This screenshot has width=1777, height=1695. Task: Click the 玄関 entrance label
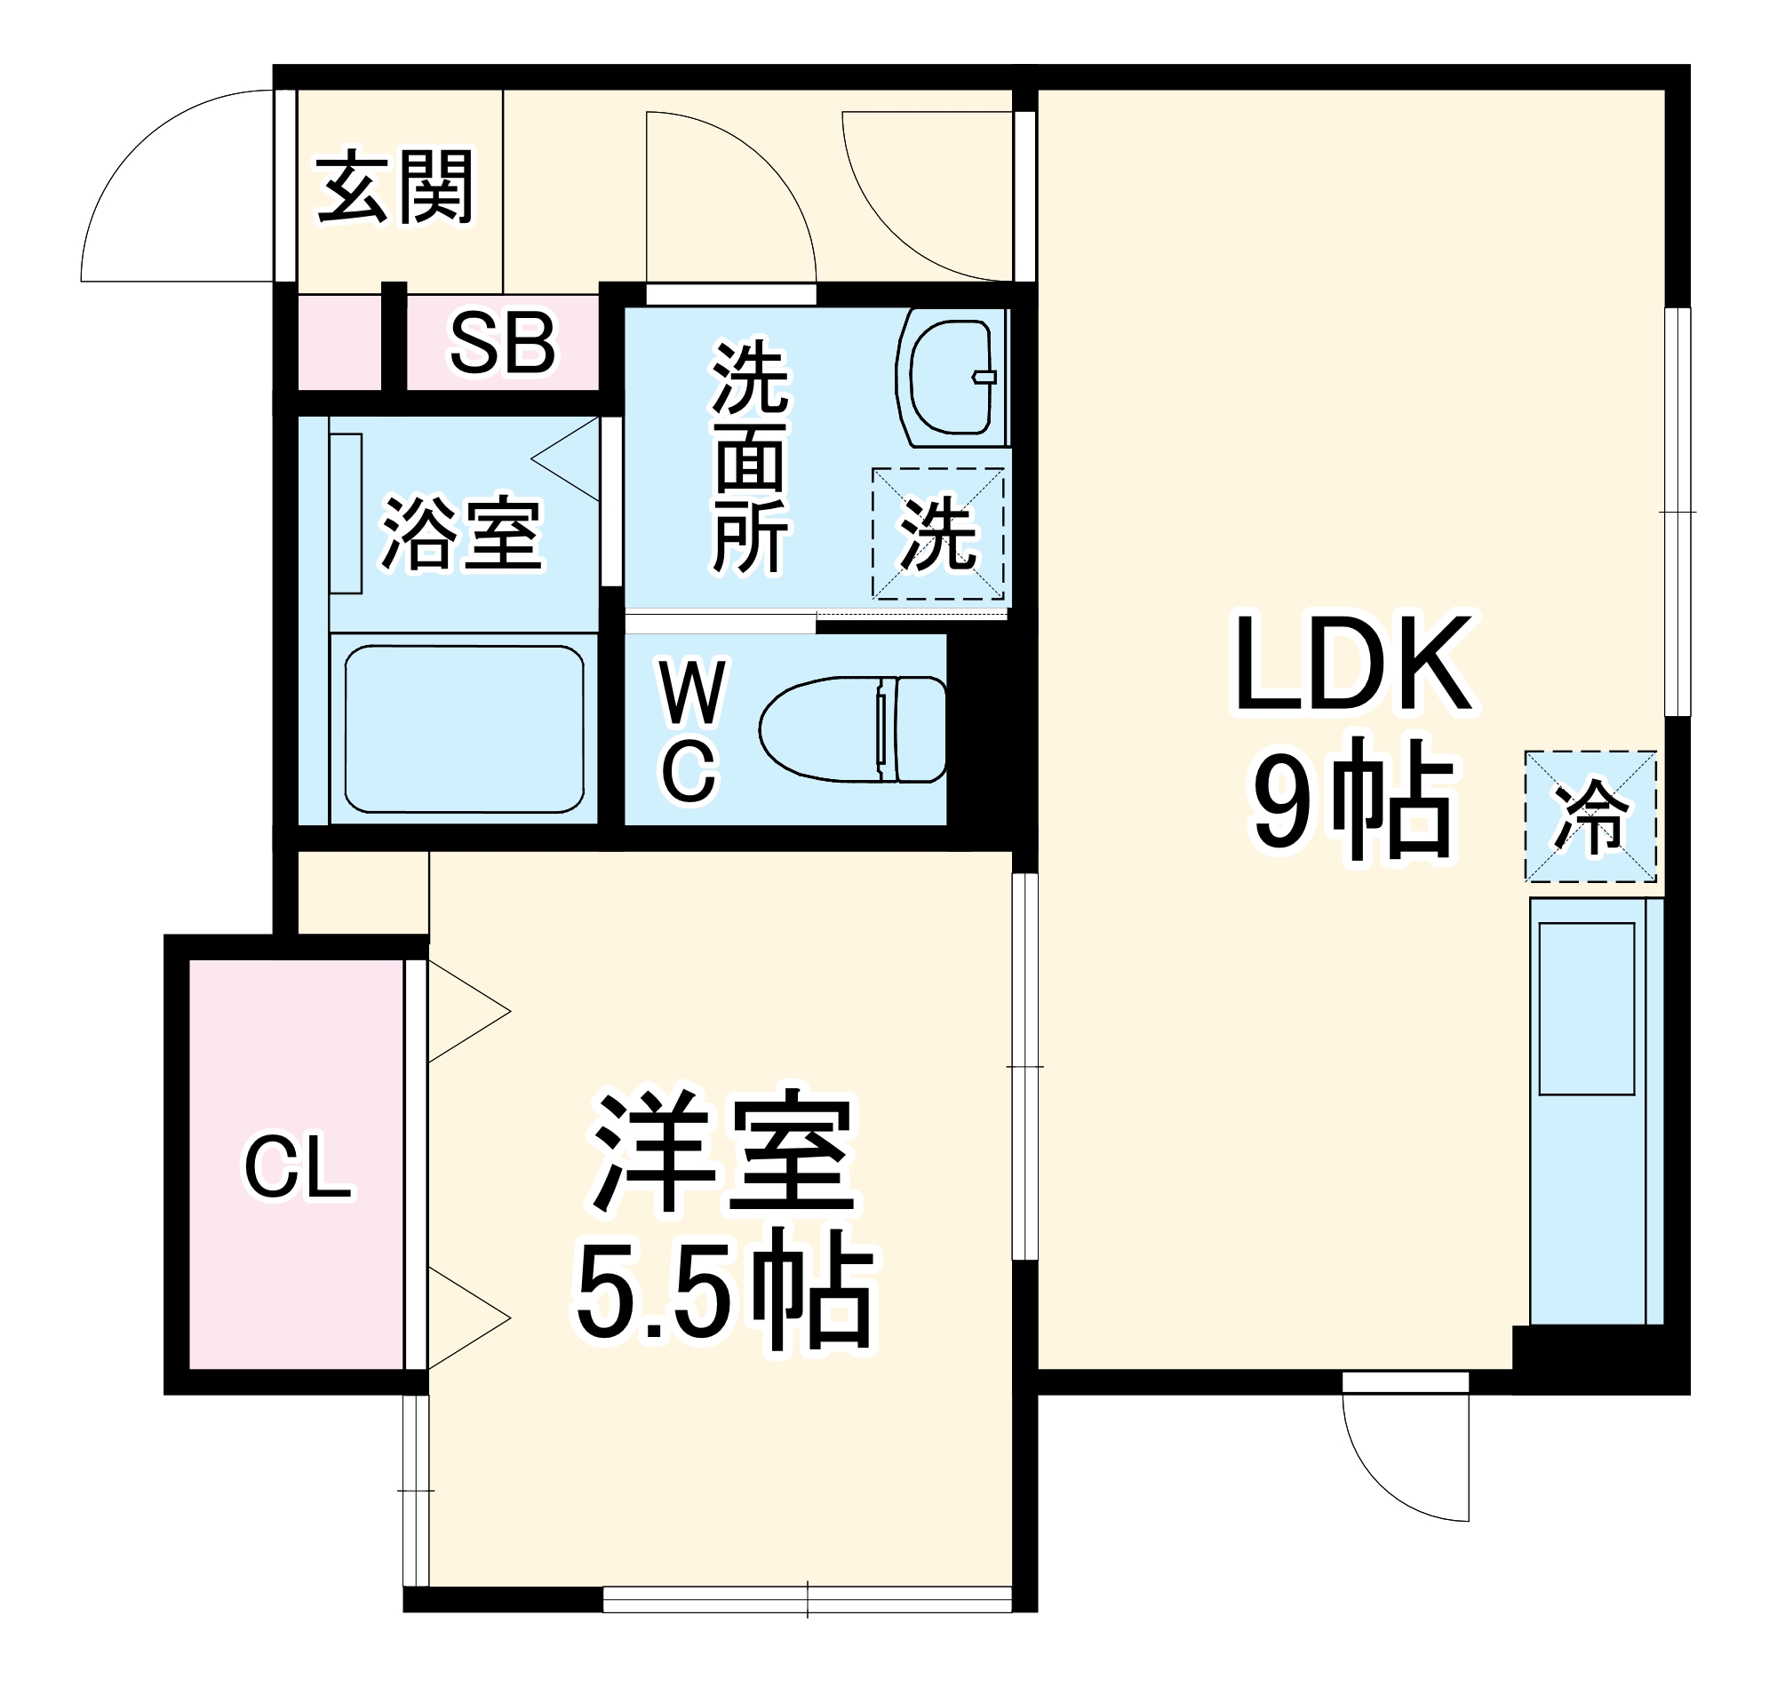point(395,188)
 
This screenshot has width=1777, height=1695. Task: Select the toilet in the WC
point(852,729)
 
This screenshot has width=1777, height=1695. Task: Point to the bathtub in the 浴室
point(464,728)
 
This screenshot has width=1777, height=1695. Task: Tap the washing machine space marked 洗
point(937,533)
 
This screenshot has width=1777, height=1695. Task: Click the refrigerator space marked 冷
point(1589,816)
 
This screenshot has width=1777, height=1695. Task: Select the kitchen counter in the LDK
point(1596,1110)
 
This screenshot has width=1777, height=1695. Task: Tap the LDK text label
point(1353,664)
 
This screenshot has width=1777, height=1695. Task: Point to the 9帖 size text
point(1353,798)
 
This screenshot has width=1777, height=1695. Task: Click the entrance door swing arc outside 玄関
point(154,180)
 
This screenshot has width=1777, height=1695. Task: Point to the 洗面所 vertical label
point(750,457)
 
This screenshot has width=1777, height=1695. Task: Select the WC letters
point(691,731)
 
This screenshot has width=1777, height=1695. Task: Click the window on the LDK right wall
point(1677,512)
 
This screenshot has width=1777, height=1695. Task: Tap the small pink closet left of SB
point(339,343)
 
